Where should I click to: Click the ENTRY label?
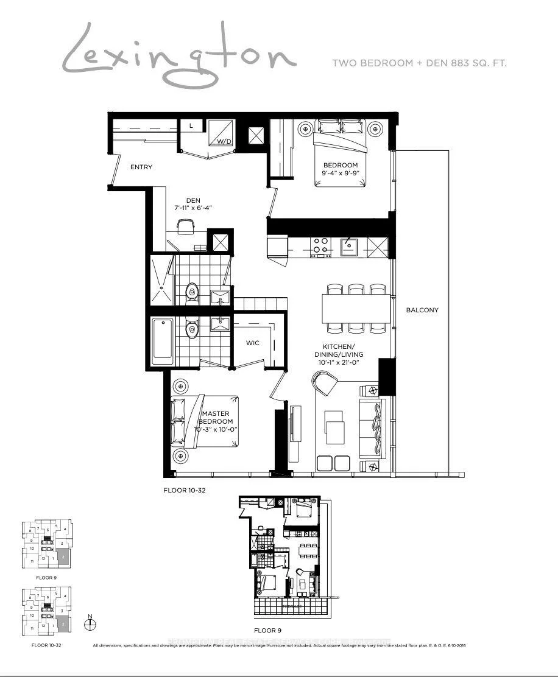click(141, 167)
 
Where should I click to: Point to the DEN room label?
click(193, 198)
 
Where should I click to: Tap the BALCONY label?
click(422, 310)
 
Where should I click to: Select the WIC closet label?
click(253, 343)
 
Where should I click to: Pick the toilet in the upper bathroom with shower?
click(192, 293)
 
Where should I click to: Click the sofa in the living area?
click(372, 429)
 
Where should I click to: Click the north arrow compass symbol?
click(90, 623)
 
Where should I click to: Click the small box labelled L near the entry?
click(191, 125)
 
